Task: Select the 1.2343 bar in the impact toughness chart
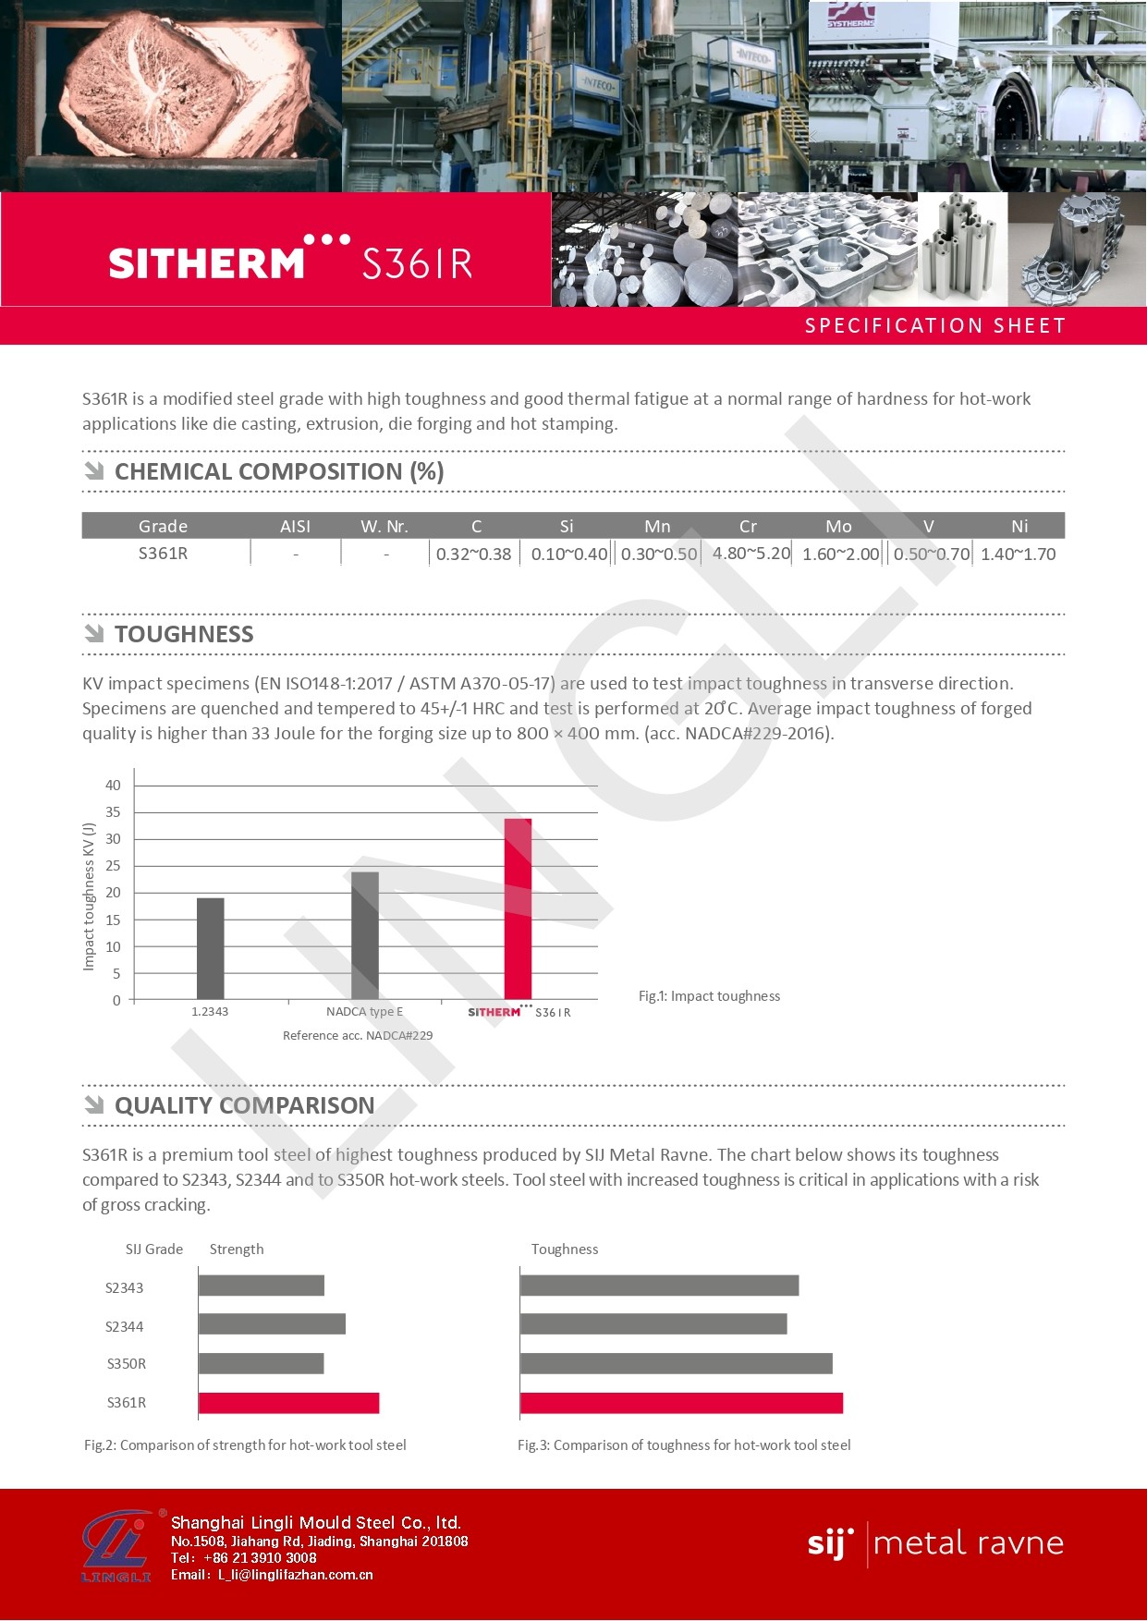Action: tap(211, 948)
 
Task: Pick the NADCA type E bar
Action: tap(365, 935)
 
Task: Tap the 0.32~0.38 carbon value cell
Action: tap(473, 555)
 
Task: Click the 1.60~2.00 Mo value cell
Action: tap(840, 555)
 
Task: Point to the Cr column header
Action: tap(748, 527)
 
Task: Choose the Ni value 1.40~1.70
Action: tap(1018, 555)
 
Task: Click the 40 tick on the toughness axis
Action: tap(113, 786)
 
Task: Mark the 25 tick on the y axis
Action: tap(113, 866)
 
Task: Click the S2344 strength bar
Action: tap(272, 1324)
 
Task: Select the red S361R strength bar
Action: tap(288, 1403)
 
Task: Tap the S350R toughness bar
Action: tap(676, 1363)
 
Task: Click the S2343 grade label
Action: tap(124, 1288)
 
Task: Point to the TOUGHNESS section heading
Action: tap(184, 635)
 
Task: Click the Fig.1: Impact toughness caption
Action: tap(709, 996)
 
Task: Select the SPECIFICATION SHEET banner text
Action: tap(934, 326)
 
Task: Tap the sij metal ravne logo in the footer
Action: tap(934, 1543)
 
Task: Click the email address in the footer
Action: tap(295, 1575)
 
